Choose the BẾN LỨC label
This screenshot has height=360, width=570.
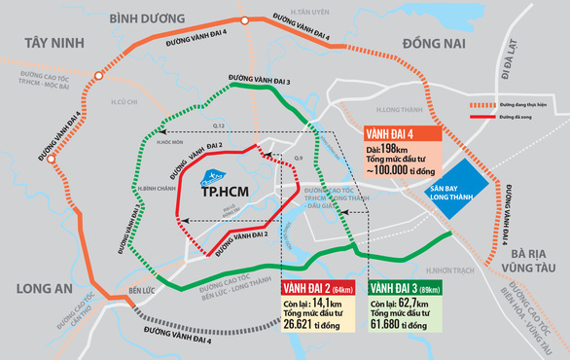(x=143, y=290)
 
